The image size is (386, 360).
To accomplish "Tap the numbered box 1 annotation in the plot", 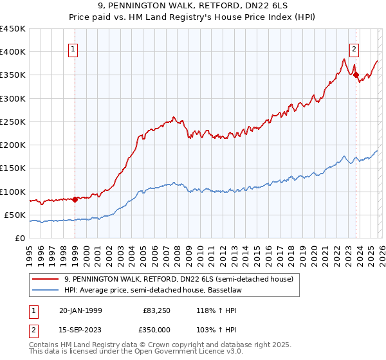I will (x=73, y=48).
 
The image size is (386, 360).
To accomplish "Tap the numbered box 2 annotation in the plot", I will (x=354, y=48).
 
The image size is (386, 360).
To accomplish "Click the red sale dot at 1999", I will (x=75, y=199).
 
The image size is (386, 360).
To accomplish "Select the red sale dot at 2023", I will (x=356, y=75).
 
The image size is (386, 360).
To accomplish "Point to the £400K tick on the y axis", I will (x=12, y=52).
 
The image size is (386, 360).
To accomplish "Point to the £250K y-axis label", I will (x=12, y=122).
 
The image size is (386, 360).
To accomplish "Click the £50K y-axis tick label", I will (x=15, y=215).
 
